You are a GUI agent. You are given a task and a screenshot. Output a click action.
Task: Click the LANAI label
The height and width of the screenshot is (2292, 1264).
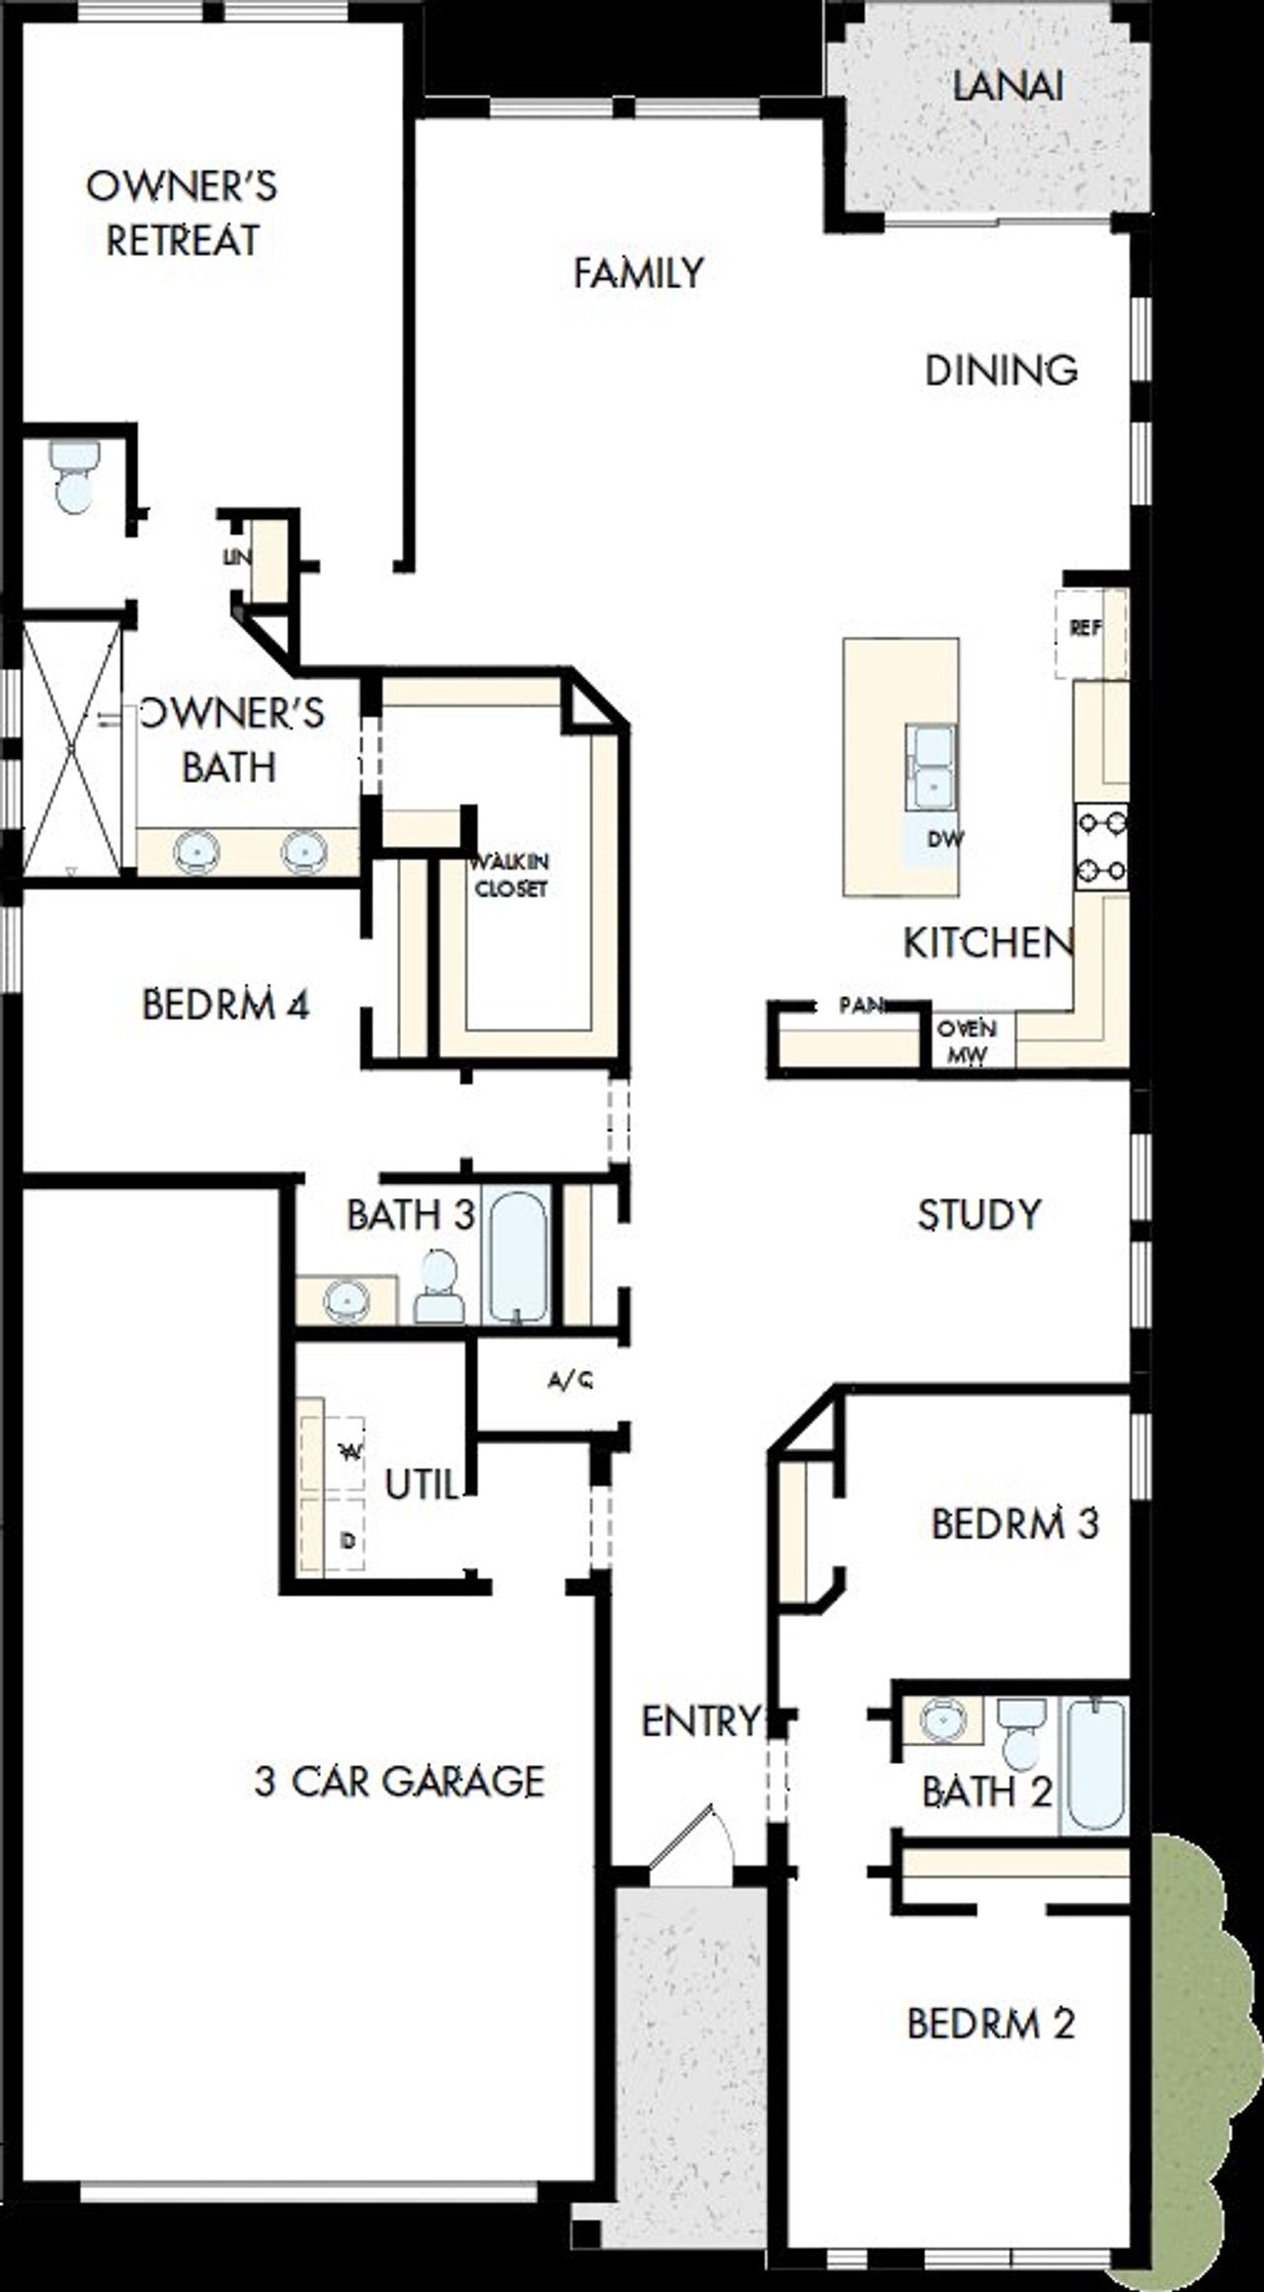(1007, 87)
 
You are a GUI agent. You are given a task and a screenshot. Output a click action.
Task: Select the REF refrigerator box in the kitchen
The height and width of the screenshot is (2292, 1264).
(1085, 629)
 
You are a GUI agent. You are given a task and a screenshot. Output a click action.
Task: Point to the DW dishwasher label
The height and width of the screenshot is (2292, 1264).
(944, 839)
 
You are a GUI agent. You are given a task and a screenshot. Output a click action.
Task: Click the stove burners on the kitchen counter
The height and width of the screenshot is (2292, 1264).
(1101, 845)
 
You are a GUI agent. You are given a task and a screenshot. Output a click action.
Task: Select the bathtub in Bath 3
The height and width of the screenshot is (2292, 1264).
(518, 1256)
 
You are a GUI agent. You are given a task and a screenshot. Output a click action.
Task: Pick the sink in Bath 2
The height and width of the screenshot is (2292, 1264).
(944, 1720)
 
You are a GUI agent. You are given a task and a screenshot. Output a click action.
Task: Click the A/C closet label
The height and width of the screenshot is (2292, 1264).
(570, 1381)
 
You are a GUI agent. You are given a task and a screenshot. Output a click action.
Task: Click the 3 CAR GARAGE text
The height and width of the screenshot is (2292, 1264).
(399, 1782)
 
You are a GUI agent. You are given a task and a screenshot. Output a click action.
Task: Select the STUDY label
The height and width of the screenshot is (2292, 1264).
(979, 1214)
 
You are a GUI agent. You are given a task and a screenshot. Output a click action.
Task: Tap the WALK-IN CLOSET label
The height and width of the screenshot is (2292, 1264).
(511, 875)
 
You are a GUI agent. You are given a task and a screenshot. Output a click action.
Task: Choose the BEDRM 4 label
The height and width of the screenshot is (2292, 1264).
(225, 1005)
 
